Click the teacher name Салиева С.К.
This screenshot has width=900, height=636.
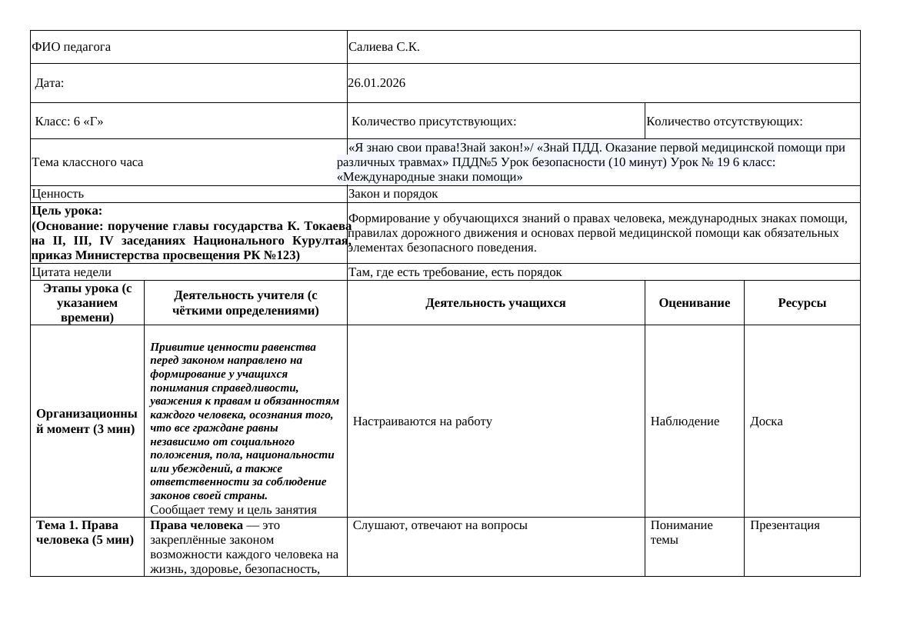384,47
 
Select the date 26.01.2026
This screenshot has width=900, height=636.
376,83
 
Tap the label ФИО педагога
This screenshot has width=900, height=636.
71,47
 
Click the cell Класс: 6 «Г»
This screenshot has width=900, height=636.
69,122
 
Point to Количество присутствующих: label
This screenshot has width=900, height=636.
434,122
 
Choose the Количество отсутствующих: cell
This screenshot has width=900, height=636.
725,122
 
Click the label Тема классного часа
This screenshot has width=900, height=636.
87,162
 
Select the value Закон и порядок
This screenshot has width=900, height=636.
393,194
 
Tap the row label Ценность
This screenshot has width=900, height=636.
58,194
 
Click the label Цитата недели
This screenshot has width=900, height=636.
72,272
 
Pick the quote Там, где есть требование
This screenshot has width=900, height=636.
455,272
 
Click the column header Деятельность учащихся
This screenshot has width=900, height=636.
495,303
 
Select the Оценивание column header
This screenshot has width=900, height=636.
694,303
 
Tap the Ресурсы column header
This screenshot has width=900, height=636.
802,303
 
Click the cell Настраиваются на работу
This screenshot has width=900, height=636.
422,421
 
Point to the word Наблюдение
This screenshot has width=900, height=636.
685,421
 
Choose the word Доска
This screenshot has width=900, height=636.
766,421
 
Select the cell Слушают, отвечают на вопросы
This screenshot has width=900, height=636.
440,525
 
